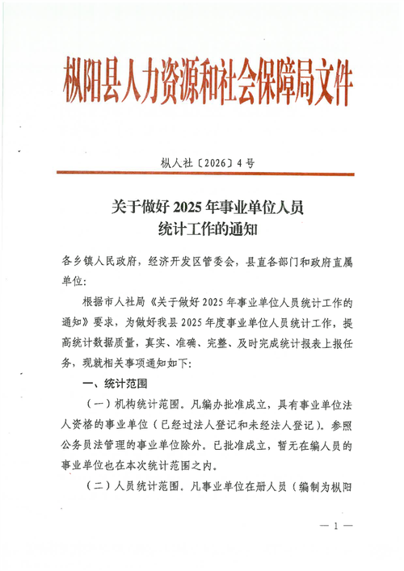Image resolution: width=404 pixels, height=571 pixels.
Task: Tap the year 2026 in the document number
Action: [x=208, y=163]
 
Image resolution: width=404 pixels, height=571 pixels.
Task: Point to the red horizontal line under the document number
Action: [x=202, y=174]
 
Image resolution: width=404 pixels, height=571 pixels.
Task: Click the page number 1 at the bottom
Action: [x=334, y=526]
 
